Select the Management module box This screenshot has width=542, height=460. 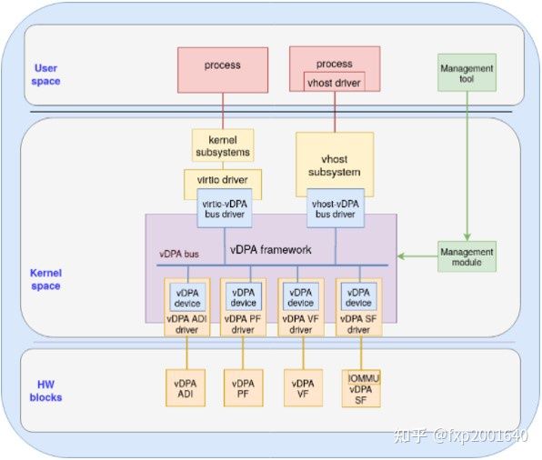467,257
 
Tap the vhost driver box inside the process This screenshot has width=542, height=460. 333,83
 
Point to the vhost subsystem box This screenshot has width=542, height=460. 335,165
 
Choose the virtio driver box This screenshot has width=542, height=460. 222,179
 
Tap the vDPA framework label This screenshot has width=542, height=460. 270,249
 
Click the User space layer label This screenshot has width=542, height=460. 45,75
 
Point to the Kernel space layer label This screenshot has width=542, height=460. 45,279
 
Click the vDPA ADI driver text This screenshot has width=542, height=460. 186,325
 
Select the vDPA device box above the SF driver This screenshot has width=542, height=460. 359,296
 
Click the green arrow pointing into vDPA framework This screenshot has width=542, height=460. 415,257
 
